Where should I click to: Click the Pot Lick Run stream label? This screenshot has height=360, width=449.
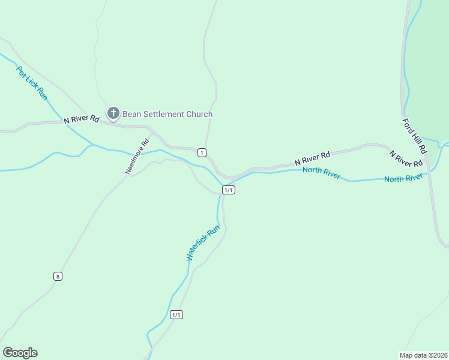click(31, 83)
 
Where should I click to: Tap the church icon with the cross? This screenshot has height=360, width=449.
click(113, 113)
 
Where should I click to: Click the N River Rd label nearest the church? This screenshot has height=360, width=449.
click(82, 119)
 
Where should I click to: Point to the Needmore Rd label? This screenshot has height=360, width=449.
click(137, 157)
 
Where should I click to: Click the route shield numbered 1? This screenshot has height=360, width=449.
click(202, 152)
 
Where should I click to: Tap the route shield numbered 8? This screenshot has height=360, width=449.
click(58, 276)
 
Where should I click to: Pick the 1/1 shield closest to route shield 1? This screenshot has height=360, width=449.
click(228, 190)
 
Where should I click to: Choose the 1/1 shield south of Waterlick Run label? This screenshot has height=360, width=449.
click(176, 314)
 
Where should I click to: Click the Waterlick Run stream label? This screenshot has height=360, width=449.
click(203, 242)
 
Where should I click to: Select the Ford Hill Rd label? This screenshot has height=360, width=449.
click(414, 135)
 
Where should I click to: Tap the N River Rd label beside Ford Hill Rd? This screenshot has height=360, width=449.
click(406, 158)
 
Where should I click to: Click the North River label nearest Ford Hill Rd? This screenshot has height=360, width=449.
click(403, 178)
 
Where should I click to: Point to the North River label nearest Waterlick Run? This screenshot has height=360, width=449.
click(322, 173)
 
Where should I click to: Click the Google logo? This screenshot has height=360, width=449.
click(20, 353)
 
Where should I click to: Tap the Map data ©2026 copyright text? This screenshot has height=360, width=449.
click(423, 355)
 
